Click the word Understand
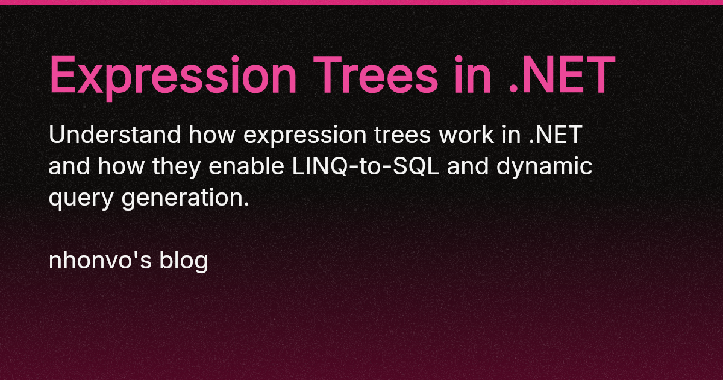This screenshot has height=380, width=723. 114,136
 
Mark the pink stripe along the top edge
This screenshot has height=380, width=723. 361,2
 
